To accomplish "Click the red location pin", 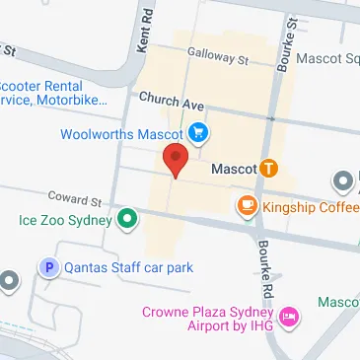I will tap(176, 159).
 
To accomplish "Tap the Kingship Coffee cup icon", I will tap(246, 206).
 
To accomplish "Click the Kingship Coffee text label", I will tap(310, 206).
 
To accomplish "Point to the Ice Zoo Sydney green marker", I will tap(125, 219).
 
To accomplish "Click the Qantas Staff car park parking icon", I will tap(47, 267).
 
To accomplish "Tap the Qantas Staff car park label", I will tap(128, 267).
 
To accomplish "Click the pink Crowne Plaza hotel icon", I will tap(289, 318).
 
